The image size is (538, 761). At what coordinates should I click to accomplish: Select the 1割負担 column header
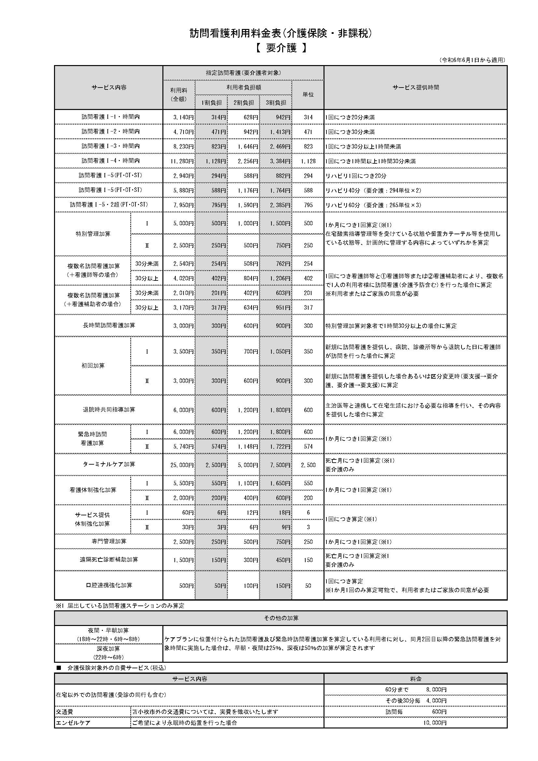click(x=212, y=102)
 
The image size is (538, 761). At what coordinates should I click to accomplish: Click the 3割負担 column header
click(x=276, y=102)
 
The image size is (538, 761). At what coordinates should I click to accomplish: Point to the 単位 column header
click(x=308, y=94)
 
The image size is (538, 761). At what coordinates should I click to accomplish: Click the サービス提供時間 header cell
click(x=415, y=88)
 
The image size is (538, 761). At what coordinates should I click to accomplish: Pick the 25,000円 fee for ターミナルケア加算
click(x=182, y=465)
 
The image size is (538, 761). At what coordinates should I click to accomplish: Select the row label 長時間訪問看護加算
click(x=109, y=325)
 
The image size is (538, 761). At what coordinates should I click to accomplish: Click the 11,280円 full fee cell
click(x=182, y=161)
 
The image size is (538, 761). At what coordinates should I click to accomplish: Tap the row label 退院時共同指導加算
click(x=109, y=410)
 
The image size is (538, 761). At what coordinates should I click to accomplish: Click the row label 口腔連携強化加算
click(x=109, y=585)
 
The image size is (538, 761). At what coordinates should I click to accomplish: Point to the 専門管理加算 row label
click(x=109, y=541)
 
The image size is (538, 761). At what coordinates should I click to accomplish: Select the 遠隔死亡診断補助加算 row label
click(x=109, y=560)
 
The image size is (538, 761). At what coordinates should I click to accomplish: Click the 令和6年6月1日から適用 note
click(x=472, y=60)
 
